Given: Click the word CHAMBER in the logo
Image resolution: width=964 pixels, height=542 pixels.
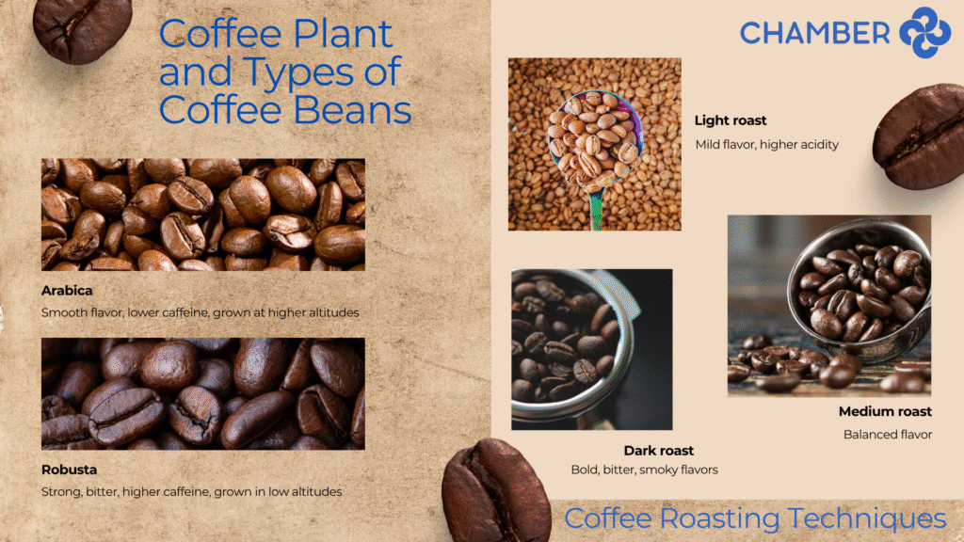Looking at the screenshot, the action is coord(814,33).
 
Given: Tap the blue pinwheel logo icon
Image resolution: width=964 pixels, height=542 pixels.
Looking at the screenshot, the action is coord(925,33).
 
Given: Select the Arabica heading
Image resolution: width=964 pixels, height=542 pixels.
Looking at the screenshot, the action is coord(67,291).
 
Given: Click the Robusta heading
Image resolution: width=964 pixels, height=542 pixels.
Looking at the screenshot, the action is coord(69,470).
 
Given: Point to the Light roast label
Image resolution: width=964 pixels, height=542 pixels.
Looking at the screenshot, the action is coord(731,120).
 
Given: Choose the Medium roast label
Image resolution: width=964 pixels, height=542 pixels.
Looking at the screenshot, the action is coord(885,412).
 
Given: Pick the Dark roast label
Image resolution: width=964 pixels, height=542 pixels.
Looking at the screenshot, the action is coord(658,451).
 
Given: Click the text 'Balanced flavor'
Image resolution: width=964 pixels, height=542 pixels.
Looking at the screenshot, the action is coord(888,435).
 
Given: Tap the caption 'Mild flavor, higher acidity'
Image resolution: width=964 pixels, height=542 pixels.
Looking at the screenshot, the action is coord(766,144).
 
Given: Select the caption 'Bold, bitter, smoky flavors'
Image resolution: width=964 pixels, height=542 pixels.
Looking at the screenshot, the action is coord(644,470).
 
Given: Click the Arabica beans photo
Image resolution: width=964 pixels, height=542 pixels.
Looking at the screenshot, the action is coord(203,215).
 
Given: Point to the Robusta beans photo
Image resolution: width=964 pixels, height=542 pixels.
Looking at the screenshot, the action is coord(203,393).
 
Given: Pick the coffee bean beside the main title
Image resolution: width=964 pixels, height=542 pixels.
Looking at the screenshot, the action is coord(82,29).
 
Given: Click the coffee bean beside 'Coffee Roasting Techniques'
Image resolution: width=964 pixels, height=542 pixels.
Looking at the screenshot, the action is coord(495,491).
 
